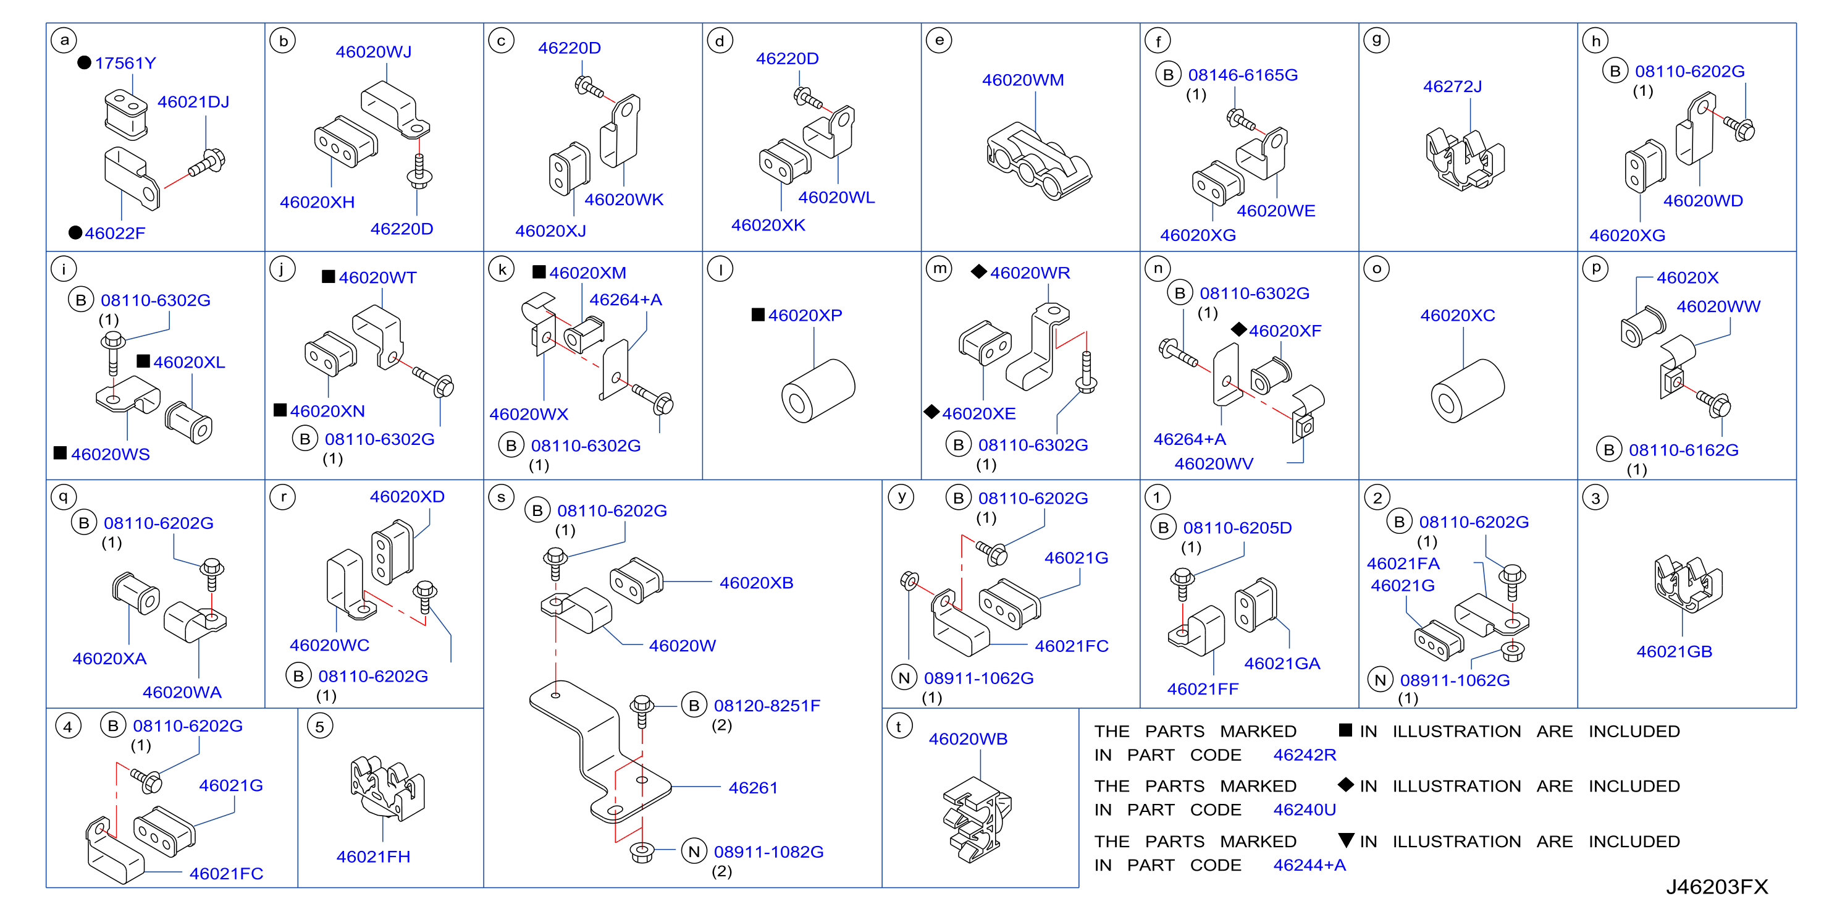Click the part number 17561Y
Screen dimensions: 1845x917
point(125,63)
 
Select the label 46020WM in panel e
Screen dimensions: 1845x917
point(1023,80)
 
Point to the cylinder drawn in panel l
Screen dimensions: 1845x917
point(818,391)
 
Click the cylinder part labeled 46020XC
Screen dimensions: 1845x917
point(1467,391)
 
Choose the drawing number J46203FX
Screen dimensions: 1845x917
point(1717,887)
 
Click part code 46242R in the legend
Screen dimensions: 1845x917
point(1305,754)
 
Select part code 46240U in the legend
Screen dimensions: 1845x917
point(1305,809)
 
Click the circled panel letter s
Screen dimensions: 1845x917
point(502,497)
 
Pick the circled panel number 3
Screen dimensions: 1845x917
point(1595,498)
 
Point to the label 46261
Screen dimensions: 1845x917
point(753,787)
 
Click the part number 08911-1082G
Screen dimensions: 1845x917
point(768,851)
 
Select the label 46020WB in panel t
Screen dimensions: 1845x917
point(968,738)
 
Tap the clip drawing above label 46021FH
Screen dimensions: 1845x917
point(387,787)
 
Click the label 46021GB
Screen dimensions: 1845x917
point(1674,651)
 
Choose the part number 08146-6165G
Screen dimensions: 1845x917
point(1243,75)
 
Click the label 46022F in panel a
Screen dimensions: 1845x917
point(115,233)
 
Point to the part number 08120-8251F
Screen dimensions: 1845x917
point(767,706)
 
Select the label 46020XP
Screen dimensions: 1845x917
point(805,315)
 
